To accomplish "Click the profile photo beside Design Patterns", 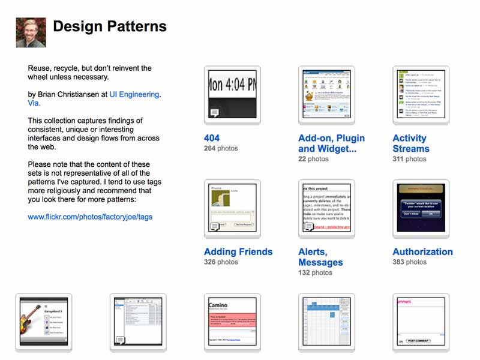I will click(31, 32).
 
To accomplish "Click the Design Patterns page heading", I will click(110, 26).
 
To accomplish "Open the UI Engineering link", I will click(134, 94).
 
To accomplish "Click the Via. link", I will click(34, 103).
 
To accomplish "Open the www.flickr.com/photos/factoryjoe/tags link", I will click(90, 217).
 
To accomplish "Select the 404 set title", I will click(212, 138).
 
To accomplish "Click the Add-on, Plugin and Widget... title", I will click(331, 143).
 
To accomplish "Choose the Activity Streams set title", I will click(411, 143).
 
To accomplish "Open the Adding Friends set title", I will click(238, 252).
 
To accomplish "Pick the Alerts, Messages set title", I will click(320, 257).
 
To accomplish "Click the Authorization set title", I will click(422, 252).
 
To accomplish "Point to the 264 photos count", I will click(221, 148).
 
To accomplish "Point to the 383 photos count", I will click(410, 262).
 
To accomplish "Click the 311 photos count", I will click(410, 159).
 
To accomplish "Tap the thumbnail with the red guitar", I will click(43, 320).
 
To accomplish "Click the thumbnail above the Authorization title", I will click(421, 207).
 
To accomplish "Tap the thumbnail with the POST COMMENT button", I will click(421, 320).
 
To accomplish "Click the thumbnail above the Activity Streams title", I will click(421, 94).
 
